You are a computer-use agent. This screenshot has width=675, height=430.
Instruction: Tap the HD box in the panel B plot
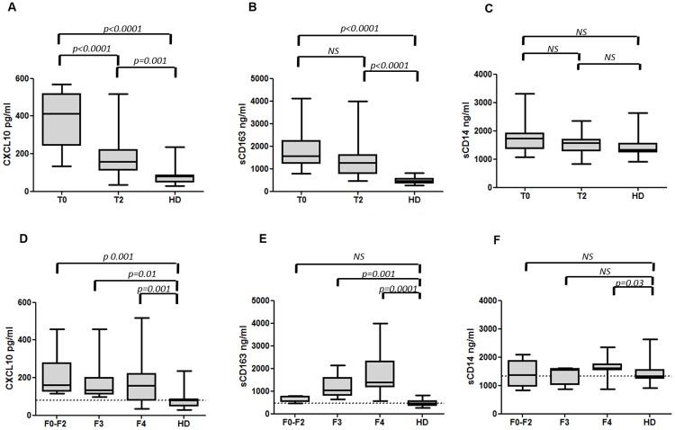[x=415, y=180]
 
